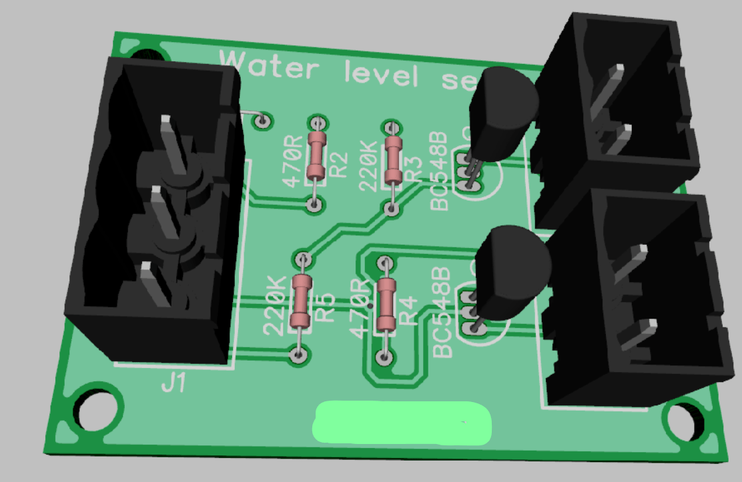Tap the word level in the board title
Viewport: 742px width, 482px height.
coord(381,73)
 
